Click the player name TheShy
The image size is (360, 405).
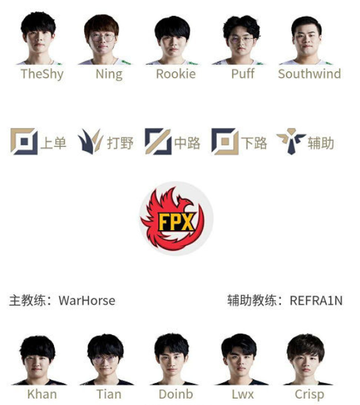[x=42, y=74]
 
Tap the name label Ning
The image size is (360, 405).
[x=109, y=75]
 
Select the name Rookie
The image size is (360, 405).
[x=176, y=74]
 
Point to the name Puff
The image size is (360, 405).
[x=243, y=74]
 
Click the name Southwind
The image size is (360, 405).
[x=309, y=74]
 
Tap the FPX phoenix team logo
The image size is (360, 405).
[x=176, y=219]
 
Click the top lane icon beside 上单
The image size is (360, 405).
[x=24, y=141]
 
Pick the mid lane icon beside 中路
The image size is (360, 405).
[x=158, y=141]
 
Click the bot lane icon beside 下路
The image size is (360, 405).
[x=225, y=141]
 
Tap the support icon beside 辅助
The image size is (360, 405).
[x=291, y=141]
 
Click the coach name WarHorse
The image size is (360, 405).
[x=87, y=301]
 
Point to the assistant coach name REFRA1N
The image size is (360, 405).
[x=316, y=301]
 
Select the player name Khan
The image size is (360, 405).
[x=42, y=395]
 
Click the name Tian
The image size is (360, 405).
[x=109, y=395]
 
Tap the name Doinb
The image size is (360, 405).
[x=176, y=395]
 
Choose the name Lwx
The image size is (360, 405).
[x=243, y=395]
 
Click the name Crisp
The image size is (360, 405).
[x=309, y=395]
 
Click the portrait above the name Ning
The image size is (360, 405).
[x=104, y=39]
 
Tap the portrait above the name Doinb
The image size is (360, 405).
[x=172, y=359]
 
